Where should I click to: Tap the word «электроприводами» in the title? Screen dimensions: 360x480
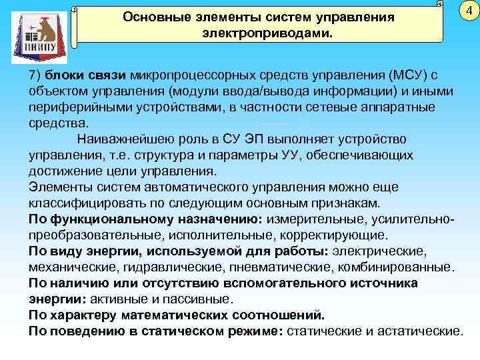pos(261,32)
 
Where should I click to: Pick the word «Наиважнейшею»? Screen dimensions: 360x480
pos(125,139)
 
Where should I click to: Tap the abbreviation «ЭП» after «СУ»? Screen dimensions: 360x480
pos(247,139)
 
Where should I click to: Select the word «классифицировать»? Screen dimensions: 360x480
pos(85,203)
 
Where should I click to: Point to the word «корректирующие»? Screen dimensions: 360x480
pos(345,235)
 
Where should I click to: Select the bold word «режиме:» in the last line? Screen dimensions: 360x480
pos(259,331)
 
